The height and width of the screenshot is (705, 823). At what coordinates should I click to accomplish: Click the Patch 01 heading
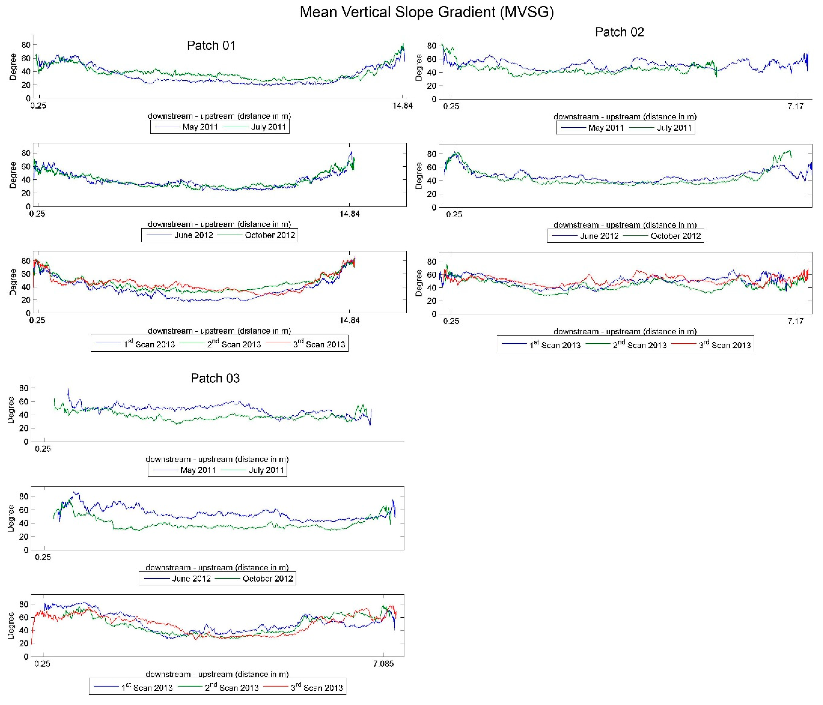211,45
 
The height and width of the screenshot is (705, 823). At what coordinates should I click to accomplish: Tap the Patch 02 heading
619,32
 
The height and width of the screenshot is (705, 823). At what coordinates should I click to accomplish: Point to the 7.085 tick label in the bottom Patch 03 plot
383,663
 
